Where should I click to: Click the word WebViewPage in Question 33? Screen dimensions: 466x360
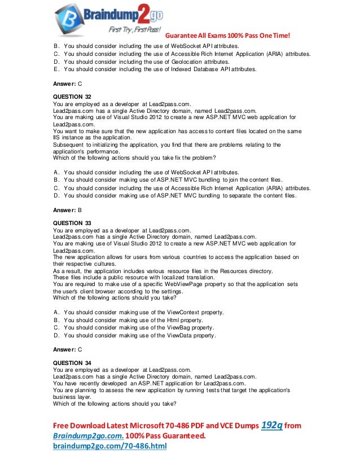point(182,284)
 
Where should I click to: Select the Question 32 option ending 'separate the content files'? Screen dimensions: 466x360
point(180,196)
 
